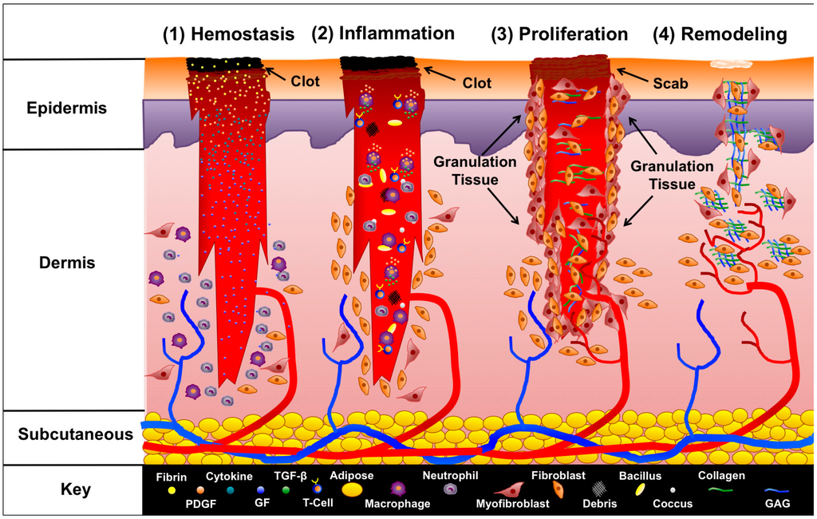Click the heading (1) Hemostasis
(x=229, y=34)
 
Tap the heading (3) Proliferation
(x=558, y=34)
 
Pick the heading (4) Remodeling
(x=720, y=34)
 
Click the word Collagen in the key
(x=720, y=476)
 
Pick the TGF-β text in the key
(x=290, y=476)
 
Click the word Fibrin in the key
(x=172, y=477)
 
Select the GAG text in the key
(x=777, y=504)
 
